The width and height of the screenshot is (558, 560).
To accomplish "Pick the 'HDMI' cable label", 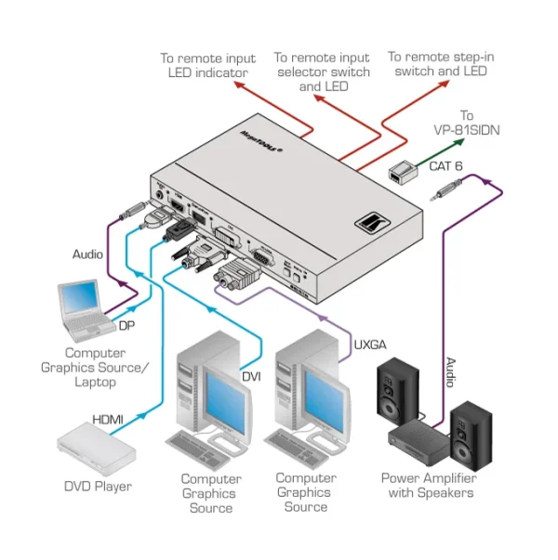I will pyautogui.click(x=110, y=420).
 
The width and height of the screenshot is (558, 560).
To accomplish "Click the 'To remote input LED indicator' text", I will pyautogui.click(x=207, y=65).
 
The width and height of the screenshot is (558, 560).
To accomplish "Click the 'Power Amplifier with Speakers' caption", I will pyautogui.click(x=427, y=486).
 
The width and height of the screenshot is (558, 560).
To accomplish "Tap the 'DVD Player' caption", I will pyautogui.click(x=98, y=486).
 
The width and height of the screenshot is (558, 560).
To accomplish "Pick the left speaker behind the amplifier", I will pyautogui.click(x=398, y=394).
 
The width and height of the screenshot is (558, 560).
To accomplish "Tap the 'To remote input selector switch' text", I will pyautogui.click(x=322, y=72).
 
